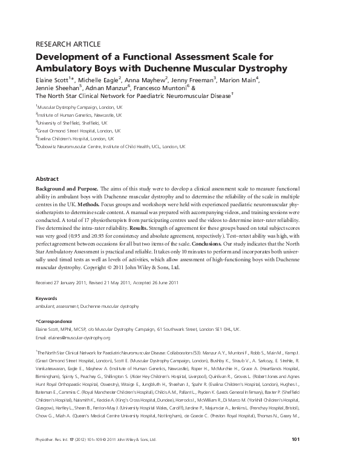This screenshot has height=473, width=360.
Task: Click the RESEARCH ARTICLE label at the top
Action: click(72, 44)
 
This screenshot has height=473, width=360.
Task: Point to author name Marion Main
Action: click(238, 80)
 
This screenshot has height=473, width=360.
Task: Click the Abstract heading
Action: click(47, 180)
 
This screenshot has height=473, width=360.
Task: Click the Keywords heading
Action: click(47, 299)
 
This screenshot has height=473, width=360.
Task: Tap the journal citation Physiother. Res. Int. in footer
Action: click(53, 456)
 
